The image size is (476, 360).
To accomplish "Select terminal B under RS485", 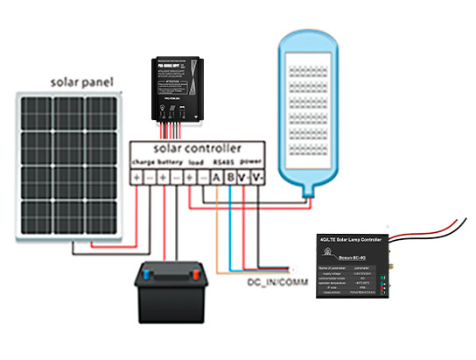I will (231, 178).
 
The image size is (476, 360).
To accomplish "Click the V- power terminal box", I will (256, 178).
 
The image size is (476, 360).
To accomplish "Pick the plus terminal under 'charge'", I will (136, 178).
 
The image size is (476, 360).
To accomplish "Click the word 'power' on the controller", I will (251, 163).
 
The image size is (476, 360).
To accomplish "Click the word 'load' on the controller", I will (197, 163).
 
